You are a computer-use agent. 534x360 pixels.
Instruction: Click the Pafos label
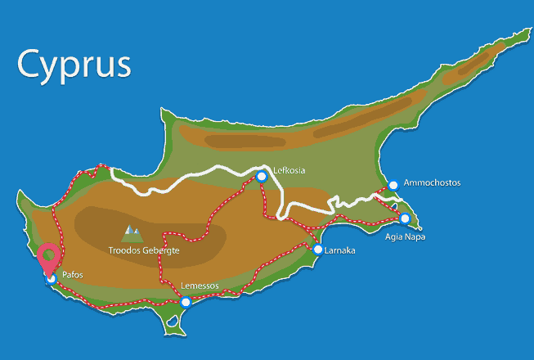tap(73, 276)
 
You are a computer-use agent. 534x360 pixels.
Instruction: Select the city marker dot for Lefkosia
tap(262, 176)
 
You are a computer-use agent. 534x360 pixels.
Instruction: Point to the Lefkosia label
tap(289, 170)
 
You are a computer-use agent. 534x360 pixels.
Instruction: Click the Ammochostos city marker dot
tap(393, 185)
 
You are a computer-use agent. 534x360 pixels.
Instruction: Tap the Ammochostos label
tap(432, 182)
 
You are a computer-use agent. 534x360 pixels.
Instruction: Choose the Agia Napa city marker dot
tap(404, 218)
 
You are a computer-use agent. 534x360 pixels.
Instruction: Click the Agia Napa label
tap(405, 237)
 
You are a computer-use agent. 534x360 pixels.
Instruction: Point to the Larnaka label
tap(339, 250)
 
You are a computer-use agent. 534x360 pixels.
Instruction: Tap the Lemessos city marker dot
tap(186, 302)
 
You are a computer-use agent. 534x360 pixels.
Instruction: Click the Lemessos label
tap(200, 286)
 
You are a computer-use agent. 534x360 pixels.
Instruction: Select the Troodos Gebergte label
tap(143, 250)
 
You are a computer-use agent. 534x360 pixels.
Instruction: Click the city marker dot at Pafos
tap(51, 279)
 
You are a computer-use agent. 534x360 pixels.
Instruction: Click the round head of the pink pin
tap(49, 255)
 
